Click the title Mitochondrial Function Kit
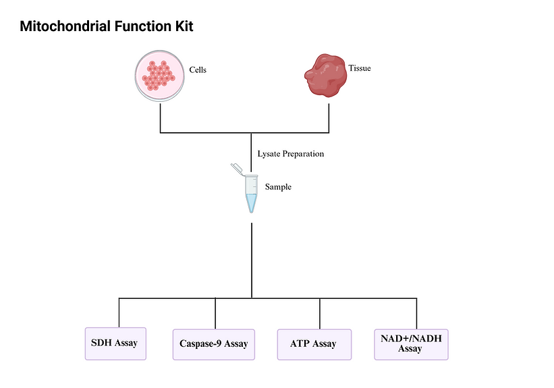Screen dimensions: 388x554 click(107, 27)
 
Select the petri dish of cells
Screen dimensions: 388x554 click(159, 76)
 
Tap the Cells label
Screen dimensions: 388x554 click(197, 70)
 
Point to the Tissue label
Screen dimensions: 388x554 click(359, 68)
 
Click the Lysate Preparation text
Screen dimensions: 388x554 click(290, 154)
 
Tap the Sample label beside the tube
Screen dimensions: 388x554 click(278, 187)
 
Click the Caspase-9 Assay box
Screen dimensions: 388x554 click(213, 344)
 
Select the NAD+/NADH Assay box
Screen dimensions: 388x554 click(410, 343)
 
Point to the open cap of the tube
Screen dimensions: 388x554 click(236, 167)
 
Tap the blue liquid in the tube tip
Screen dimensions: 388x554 click(252, 203)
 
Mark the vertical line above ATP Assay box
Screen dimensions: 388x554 click(320, 314)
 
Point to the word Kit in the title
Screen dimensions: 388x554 click(183, 27)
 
